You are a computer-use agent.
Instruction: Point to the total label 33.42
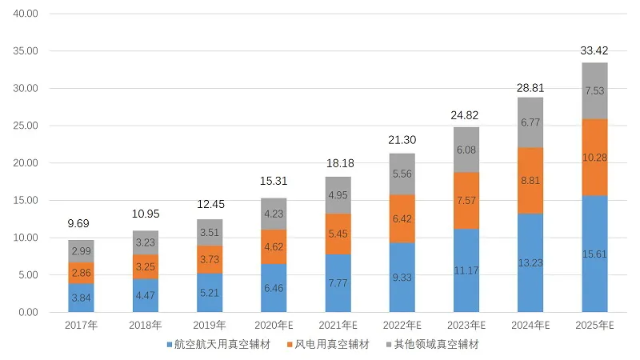click(594, 52)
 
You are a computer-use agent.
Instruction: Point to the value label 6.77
click(530, 122)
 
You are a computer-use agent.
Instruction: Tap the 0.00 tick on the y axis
click(29, 312)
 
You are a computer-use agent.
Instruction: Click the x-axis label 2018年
click(145, 326)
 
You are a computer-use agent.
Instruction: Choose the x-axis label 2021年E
click(338, 326)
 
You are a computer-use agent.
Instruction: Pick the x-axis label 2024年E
click(530, 326)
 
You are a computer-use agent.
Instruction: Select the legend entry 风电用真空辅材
click(324, 346)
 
